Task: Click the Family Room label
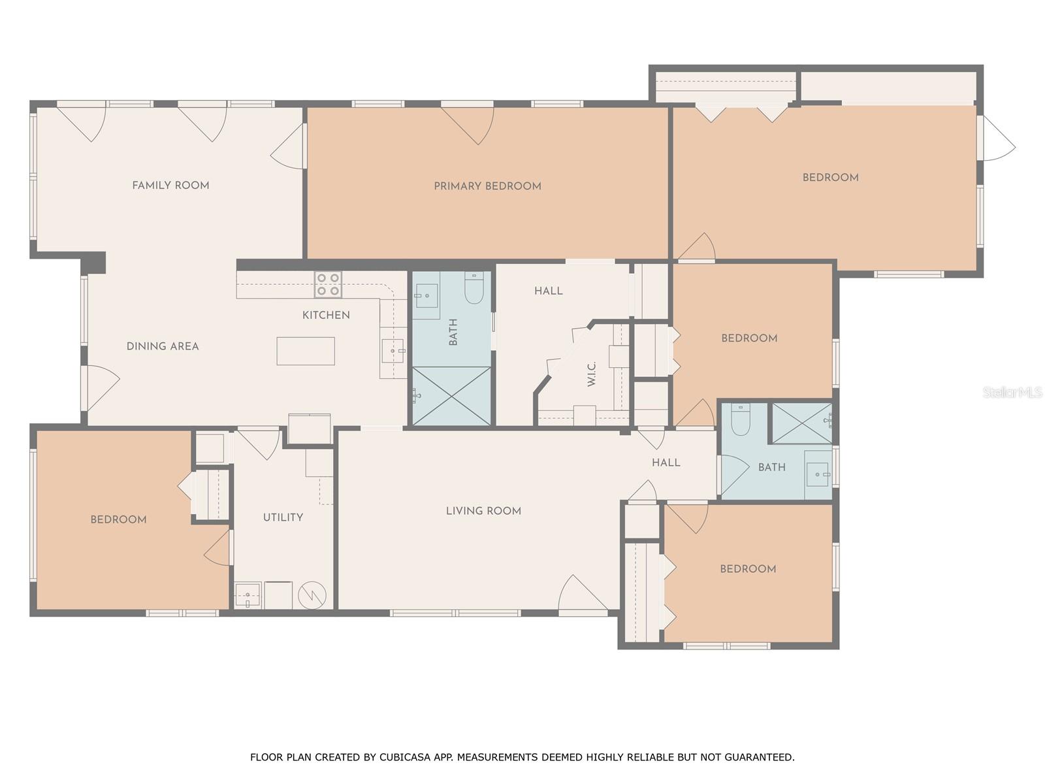(170, 186)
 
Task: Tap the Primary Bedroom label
(487, 186)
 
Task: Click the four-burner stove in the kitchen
(328, 284)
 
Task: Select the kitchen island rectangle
(306, 351)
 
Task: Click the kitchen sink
(394, 351)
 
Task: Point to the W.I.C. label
(592, 374)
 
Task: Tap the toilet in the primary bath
(474, 288)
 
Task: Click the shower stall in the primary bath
(451, 397)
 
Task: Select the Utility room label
(283, 517)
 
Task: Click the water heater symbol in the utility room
(312, 595)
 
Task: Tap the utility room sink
(248, 595)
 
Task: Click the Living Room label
(483, 511)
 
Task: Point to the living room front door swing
(581, 595)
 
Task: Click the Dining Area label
(163, 346)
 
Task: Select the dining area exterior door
(99, 387)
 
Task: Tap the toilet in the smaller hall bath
(741, 419)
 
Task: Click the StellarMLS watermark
(1012, 392)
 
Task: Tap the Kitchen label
(326, 315)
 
